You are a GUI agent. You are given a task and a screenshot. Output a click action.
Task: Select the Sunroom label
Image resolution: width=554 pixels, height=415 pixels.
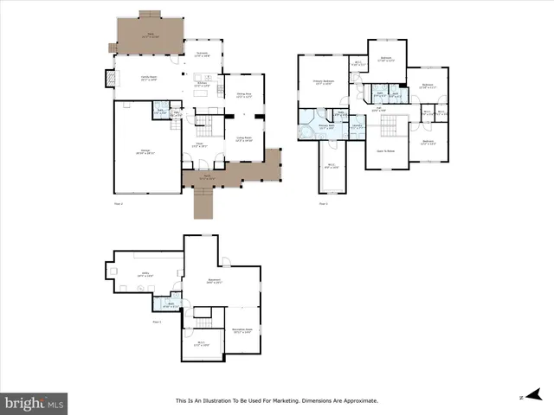(x=202, y=54)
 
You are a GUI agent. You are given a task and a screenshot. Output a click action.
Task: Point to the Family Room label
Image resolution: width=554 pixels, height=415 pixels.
(x=149, y=78)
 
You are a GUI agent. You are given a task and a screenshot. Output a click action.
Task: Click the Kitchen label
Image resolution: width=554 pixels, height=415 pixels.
(x=202, y=84)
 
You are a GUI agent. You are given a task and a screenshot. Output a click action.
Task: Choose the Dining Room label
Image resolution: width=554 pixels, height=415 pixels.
(x=244, y=95)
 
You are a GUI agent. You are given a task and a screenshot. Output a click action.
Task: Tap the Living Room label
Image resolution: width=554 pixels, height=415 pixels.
(x=244, y=137)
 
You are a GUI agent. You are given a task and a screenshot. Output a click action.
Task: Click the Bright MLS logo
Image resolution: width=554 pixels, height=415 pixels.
(x=35, y=402)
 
